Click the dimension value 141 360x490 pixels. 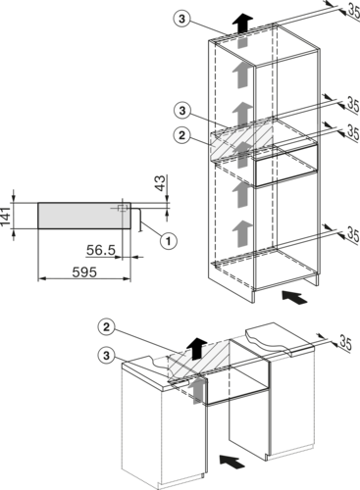point(5,216)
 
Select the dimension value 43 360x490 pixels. point(160,183)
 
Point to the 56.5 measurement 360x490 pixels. point(101,250)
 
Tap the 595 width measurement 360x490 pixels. point(84,272)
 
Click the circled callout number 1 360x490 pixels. point(169,241)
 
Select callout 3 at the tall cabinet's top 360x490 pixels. point(181,19)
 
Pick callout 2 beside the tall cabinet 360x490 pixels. point(181,135)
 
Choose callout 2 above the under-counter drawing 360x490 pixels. point(107,327)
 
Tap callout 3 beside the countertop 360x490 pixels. point(107,355)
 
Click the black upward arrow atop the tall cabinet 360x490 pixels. point(242,23)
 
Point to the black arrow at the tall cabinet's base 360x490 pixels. point(294,298)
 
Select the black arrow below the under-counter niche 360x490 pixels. point(232,462)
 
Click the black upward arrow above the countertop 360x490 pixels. point(196,349)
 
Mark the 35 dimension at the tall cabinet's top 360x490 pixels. point(353,11)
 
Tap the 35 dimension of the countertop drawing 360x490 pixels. point(345,343)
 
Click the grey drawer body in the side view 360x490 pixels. point(84,216)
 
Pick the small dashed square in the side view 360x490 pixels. point(123,208)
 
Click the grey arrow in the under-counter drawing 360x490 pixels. point(196,390)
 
